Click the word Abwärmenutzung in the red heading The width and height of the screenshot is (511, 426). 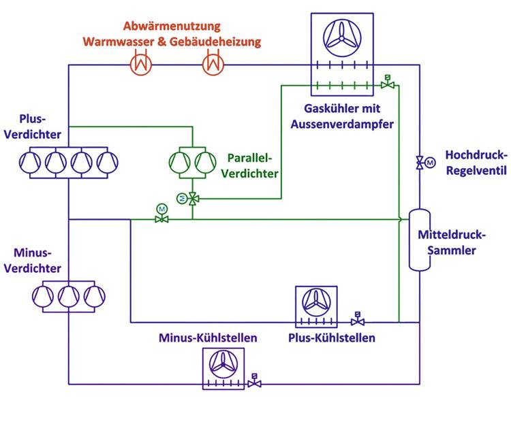tap(172, 27)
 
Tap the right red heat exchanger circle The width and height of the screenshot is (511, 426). tap(213, 65)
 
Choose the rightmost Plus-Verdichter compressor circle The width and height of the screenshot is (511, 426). tap(107, 163)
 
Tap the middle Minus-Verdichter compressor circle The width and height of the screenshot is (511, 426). tap(68, 295)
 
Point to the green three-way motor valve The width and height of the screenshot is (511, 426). tap(193, 198)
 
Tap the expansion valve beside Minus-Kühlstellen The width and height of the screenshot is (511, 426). tap(254, 382)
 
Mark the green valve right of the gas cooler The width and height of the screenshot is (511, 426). tap(387, 84)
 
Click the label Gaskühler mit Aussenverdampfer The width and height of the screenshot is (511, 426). tap(342, 116)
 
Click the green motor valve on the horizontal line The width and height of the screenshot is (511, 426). tap(161, 217)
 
